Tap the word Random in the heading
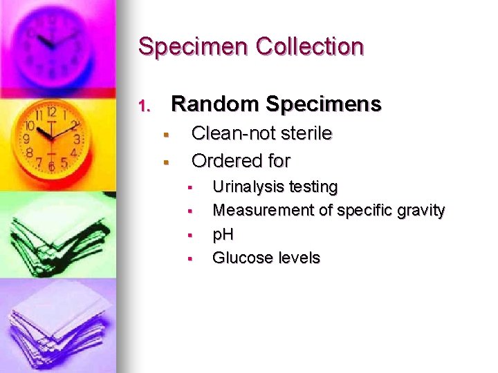[215, 104]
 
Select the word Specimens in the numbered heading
[323, 105]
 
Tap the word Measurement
[264, 210]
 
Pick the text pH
[223, 235]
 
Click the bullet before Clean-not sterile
[166, 134]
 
